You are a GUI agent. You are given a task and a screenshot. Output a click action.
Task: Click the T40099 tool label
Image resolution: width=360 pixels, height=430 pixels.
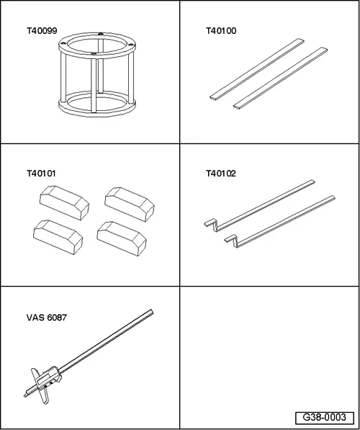tap(42, 31)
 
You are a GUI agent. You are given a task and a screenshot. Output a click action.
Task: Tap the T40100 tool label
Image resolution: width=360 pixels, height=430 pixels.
tap(221, 31)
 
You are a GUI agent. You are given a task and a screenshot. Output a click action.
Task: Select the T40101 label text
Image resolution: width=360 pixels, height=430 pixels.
tap(41, 174)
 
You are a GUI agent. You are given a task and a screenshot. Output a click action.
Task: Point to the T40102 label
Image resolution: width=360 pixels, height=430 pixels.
tap(221, 174)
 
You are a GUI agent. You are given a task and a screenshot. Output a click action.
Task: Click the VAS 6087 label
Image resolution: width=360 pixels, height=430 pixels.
tap(47, 318)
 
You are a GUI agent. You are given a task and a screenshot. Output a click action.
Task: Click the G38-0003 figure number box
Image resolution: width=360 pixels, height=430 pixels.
tap(324, 417)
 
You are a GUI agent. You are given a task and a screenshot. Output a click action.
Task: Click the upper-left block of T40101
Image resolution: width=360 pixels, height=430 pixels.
tap(64, 203)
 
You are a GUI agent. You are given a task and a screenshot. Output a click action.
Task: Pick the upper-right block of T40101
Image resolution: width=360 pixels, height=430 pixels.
tap(130, 205)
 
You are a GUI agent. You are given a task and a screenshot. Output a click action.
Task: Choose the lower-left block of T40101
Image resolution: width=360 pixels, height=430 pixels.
tap(58, 237)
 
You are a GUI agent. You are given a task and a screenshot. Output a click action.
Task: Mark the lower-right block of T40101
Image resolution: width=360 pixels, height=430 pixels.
tap(122, 238)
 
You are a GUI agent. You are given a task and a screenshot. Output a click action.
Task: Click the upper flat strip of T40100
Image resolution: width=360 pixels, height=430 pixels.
tap(257, 68)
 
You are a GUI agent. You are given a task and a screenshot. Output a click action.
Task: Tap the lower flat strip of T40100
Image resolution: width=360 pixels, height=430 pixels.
tap(281, 78)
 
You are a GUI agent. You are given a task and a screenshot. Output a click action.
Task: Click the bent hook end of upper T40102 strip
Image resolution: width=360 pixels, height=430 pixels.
tap(210, 223)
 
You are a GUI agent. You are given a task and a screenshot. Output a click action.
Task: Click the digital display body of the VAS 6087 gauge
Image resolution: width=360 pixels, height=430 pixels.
tap(49, 377)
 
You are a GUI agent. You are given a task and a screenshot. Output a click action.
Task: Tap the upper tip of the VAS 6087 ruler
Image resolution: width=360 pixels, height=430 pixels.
tap(152, 311)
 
